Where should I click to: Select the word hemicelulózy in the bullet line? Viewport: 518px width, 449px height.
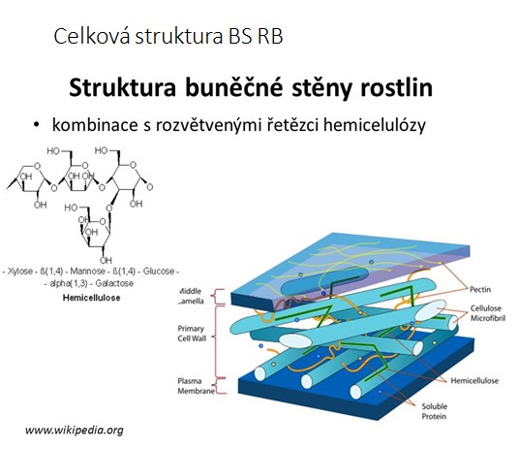pyautogui.click(x=375, y=126)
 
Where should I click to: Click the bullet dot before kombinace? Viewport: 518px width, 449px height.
pyautogui.click(x=37, y=125)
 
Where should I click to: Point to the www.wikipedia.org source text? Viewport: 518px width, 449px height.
pyautogui.click(x=75, y=431)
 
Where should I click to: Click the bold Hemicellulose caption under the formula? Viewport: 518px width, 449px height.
pyautogui.click(x=92, y=298)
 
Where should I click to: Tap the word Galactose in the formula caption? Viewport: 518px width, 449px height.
pyautogui.click(x=114, y=283)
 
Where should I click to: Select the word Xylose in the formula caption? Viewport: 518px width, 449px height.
pyautogui.click(x=20, y=272)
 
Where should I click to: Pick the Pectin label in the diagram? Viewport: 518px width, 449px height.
pyautogui.click(x=480, y=290)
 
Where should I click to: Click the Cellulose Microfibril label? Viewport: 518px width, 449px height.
pyautogui.click(x=488, y=313)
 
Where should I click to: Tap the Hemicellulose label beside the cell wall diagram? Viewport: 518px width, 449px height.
pyautogui.click(x=474, y=381)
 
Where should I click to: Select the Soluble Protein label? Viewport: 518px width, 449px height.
pyautogui.click(x=434, y=411)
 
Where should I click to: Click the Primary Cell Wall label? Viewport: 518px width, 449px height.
pyautogui.click(x=192, y=334)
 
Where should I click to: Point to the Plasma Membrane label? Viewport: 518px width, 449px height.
pyautogui.click(x=197, y=386)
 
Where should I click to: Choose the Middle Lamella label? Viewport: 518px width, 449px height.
pyautogui.click(x=192, y=296)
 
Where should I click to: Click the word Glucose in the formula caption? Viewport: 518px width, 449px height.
pyautogui.click(x=158, y=272)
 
